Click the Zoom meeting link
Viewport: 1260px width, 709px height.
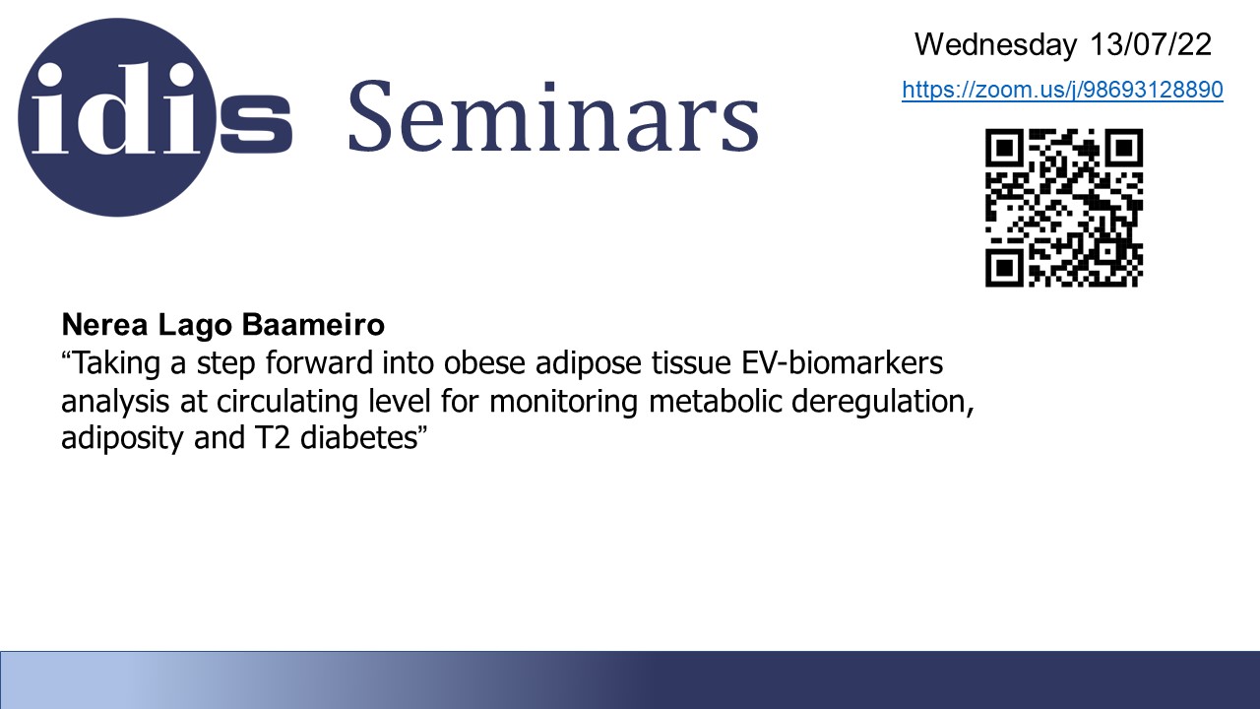[x=1062, y=90]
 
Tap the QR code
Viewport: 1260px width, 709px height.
[x=1064, y=208]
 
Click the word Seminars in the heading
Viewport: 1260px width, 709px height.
[x=554, y=117]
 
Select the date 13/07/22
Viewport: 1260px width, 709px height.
[x=1151, y=44]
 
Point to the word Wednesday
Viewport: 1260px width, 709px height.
[x=995, y=44]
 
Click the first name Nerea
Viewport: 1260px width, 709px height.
[x=104, y=325]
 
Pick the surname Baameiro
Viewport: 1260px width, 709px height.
[x=313, y=325]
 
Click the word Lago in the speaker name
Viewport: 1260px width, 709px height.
[x=195, y=326]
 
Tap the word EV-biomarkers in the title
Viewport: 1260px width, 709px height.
[x=842, y=362]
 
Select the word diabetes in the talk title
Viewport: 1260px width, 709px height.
[x=360, y=437]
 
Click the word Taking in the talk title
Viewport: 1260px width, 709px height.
[x=117, y=363]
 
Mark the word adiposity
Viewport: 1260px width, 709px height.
[x=122, y=439]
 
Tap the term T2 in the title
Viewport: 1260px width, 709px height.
[x=273, y=438]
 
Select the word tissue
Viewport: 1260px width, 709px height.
[x=691, y=363]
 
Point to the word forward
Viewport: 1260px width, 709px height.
[x=319, y=362]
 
